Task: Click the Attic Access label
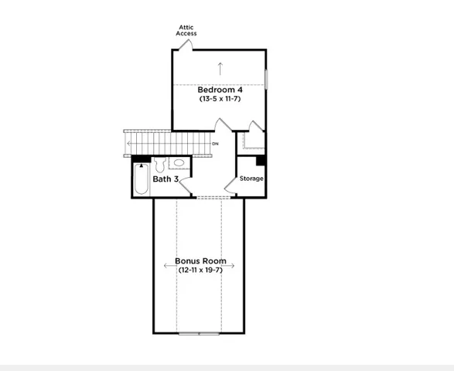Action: tap(186, 30)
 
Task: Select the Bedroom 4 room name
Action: tap(220, 90)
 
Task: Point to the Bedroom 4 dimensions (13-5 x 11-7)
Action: tap(220, 99)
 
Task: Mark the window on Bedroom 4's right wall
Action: tap(266, 80)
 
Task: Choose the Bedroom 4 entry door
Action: tap(222, 127)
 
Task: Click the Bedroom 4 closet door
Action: tap(254, 128)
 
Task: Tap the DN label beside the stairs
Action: tap(215, 144)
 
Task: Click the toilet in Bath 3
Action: tap(160, 165)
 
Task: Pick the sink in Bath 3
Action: tap(178, 163)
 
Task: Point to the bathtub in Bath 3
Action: tap(141, 179)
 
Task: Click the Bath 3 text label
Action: tap(166, 179)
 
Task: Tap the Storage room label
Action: tap(251, 179)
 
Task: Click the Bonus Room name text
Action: tap(200, 261)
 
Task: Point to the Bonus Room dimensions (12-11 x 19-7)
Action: tap(200, 271)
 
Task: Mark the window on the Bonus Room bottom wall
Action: tap(199, 333)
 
